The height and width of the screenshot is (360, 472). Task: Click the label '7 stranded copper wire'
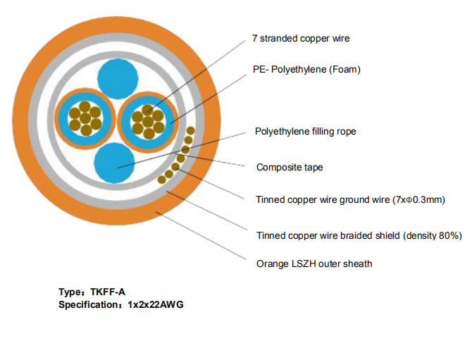click(301, 39)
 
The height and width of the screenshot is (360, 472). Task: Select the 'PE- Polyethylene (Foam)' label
click(306, 70)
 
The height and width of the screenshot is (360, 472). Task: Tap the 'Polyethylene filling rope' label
click(305, 132)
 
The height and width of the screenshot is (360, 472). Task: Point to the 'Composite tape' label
click(290, 168)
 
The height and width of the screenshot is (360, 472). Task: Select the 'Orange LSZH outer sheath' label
click(313, 264)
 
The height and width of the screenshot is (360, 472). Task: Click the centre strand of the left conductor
click(85, 118)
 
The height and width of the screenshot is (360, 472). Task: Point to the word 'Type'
click(70, 292)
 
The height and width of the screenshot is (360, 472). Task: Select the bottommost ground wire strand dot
click(161, 180)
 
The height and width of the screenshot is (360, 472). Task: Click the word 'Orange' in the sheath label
click(272, 264)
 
